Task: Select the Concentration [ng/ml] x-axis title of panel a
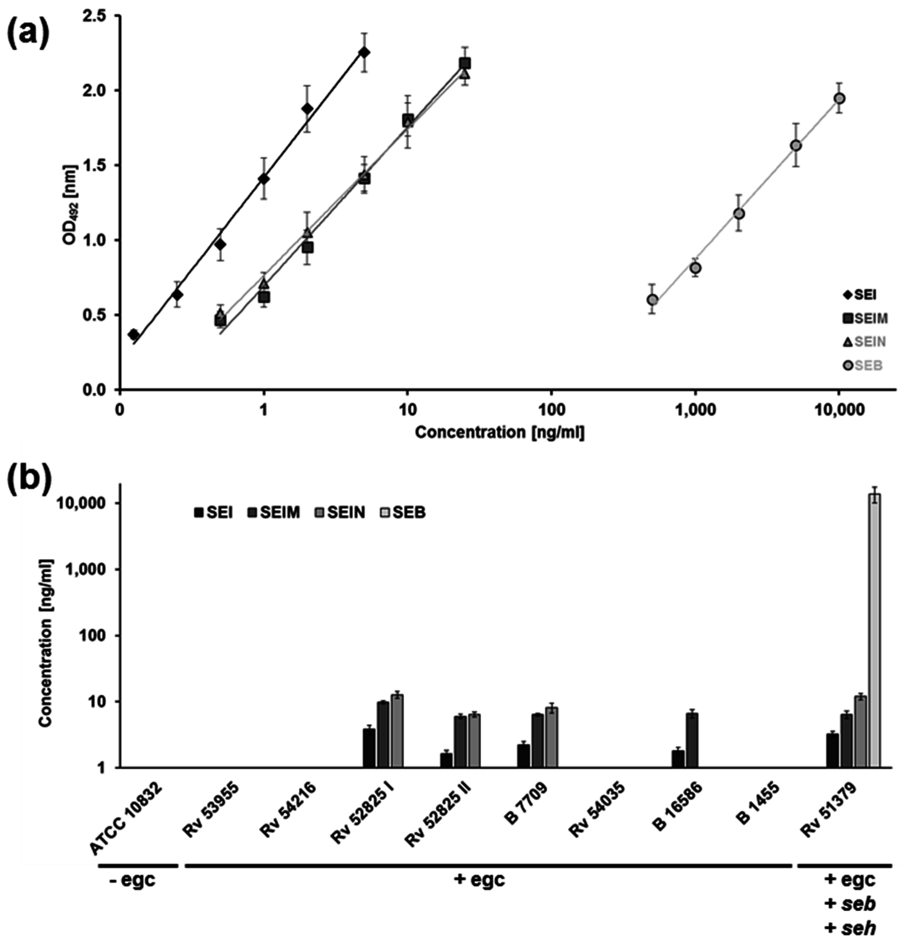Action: click(x=500, y=433)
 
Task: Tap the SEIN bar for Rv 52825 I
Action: click(x=397, y=730)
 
